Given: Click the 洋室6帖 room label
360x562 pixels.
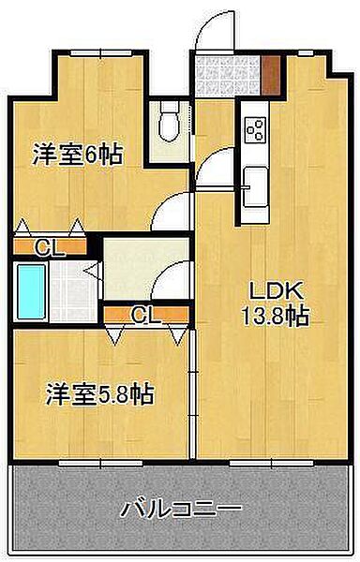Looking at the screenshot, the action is [78, 155].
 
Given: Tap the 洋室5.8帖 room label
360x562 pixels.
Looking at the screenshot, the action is [100, 394].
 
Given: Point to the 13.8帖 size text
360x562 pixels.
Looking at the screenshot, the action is [276, 316].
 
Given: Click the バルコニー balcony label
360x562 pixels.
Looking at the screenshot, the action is [180, 509].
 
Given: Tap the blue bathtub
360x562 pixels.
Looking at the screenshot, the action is [32, 291].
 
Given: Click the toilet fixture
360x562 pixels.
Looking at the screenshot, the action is [170, 122].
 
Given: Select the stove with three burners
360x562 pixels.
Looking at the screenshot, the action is [255, 129].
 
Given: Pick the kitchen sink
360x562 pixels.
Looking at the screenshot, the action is [255, 187].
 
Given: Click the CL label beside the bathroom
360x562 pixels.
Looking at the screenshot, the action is [51, 247].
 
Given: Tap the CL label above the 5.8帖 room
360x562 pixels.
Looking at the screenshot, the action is [145, 316].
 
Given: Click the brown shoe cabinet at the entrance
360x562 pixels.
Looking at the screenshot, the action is [270, 75].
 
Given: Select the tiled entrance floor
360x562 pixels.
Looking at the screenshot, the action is [227, 75].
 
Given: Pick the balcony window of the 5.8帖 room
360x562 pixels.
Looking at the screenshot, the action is [101, 463].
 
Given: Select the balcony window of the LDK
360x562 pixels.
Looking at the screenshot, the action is [272, 463].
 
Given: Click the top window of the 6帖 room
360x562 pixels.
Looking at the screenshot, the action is [101, 53].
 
